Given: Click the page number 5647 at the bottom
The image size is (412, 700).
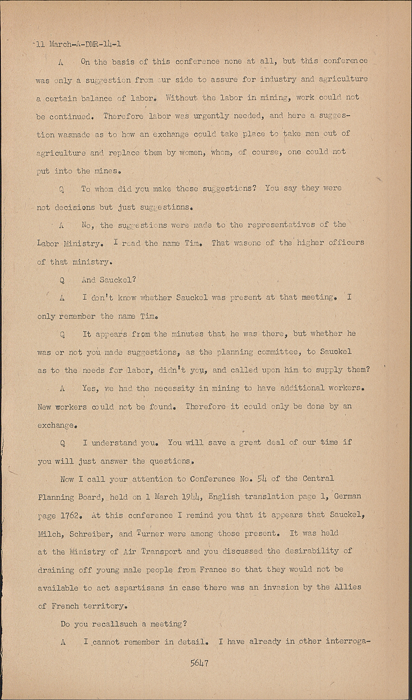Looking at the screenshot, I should tap(199, 663).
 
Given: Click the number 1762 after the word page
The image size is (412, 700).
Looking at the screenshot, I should tap(71, 516).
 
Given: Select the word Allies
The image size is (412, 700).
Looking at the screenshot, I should tap(348, 587).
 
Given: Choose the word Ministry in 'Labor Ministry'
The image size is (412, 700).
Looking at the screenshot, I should tap(81, 243).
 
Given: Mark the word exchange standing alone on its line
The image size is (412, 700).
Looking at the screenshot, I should tap(57, 425).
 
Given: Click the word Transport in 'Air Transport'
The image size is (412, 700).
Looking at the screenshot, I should tap(161, 552).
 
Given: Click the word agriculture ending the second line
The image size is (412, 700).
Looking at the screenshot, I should tap(343, 79).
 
